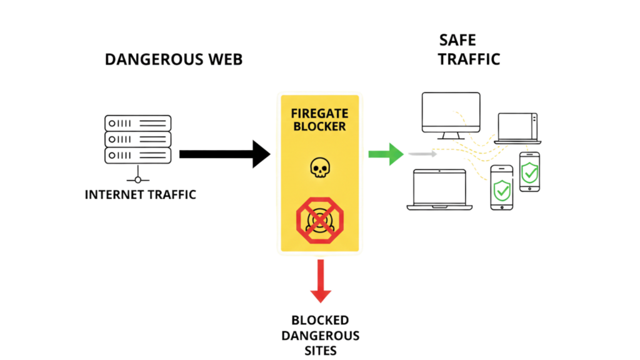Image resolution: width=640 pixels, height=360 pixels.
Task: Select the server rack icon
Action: tap(137, 139)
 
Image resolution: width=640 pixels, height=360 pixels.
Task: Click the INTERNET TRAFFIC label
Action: tap(141, 194)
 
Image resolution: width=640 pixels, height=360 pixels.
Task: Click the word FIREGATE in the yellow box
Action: tap(319, 114)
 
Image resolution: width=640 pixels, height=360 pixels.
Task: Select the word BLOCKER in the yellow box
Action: tap(319, 127)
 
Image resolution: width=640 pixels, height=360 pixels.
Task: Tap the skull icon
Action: tap(319, 167)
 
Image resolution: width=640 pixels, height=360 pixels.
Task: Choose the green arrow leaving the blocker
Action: tap(385, 154)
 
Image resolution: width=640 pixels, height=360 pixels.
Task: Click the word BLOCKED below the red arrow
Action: tap(319, 320)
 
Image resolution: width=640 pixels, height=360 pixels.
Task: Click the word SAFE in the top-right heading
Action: tap(457, 41)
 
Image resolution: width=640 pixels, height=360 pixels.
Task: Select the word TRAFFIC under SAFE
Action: tap(469, 60)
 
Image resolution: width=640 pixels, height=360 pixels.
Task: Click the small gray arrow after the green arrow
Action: tap(422, 154)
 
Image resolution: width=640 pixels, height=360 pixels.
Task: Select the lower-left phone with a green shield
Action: tap(501, 187)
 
